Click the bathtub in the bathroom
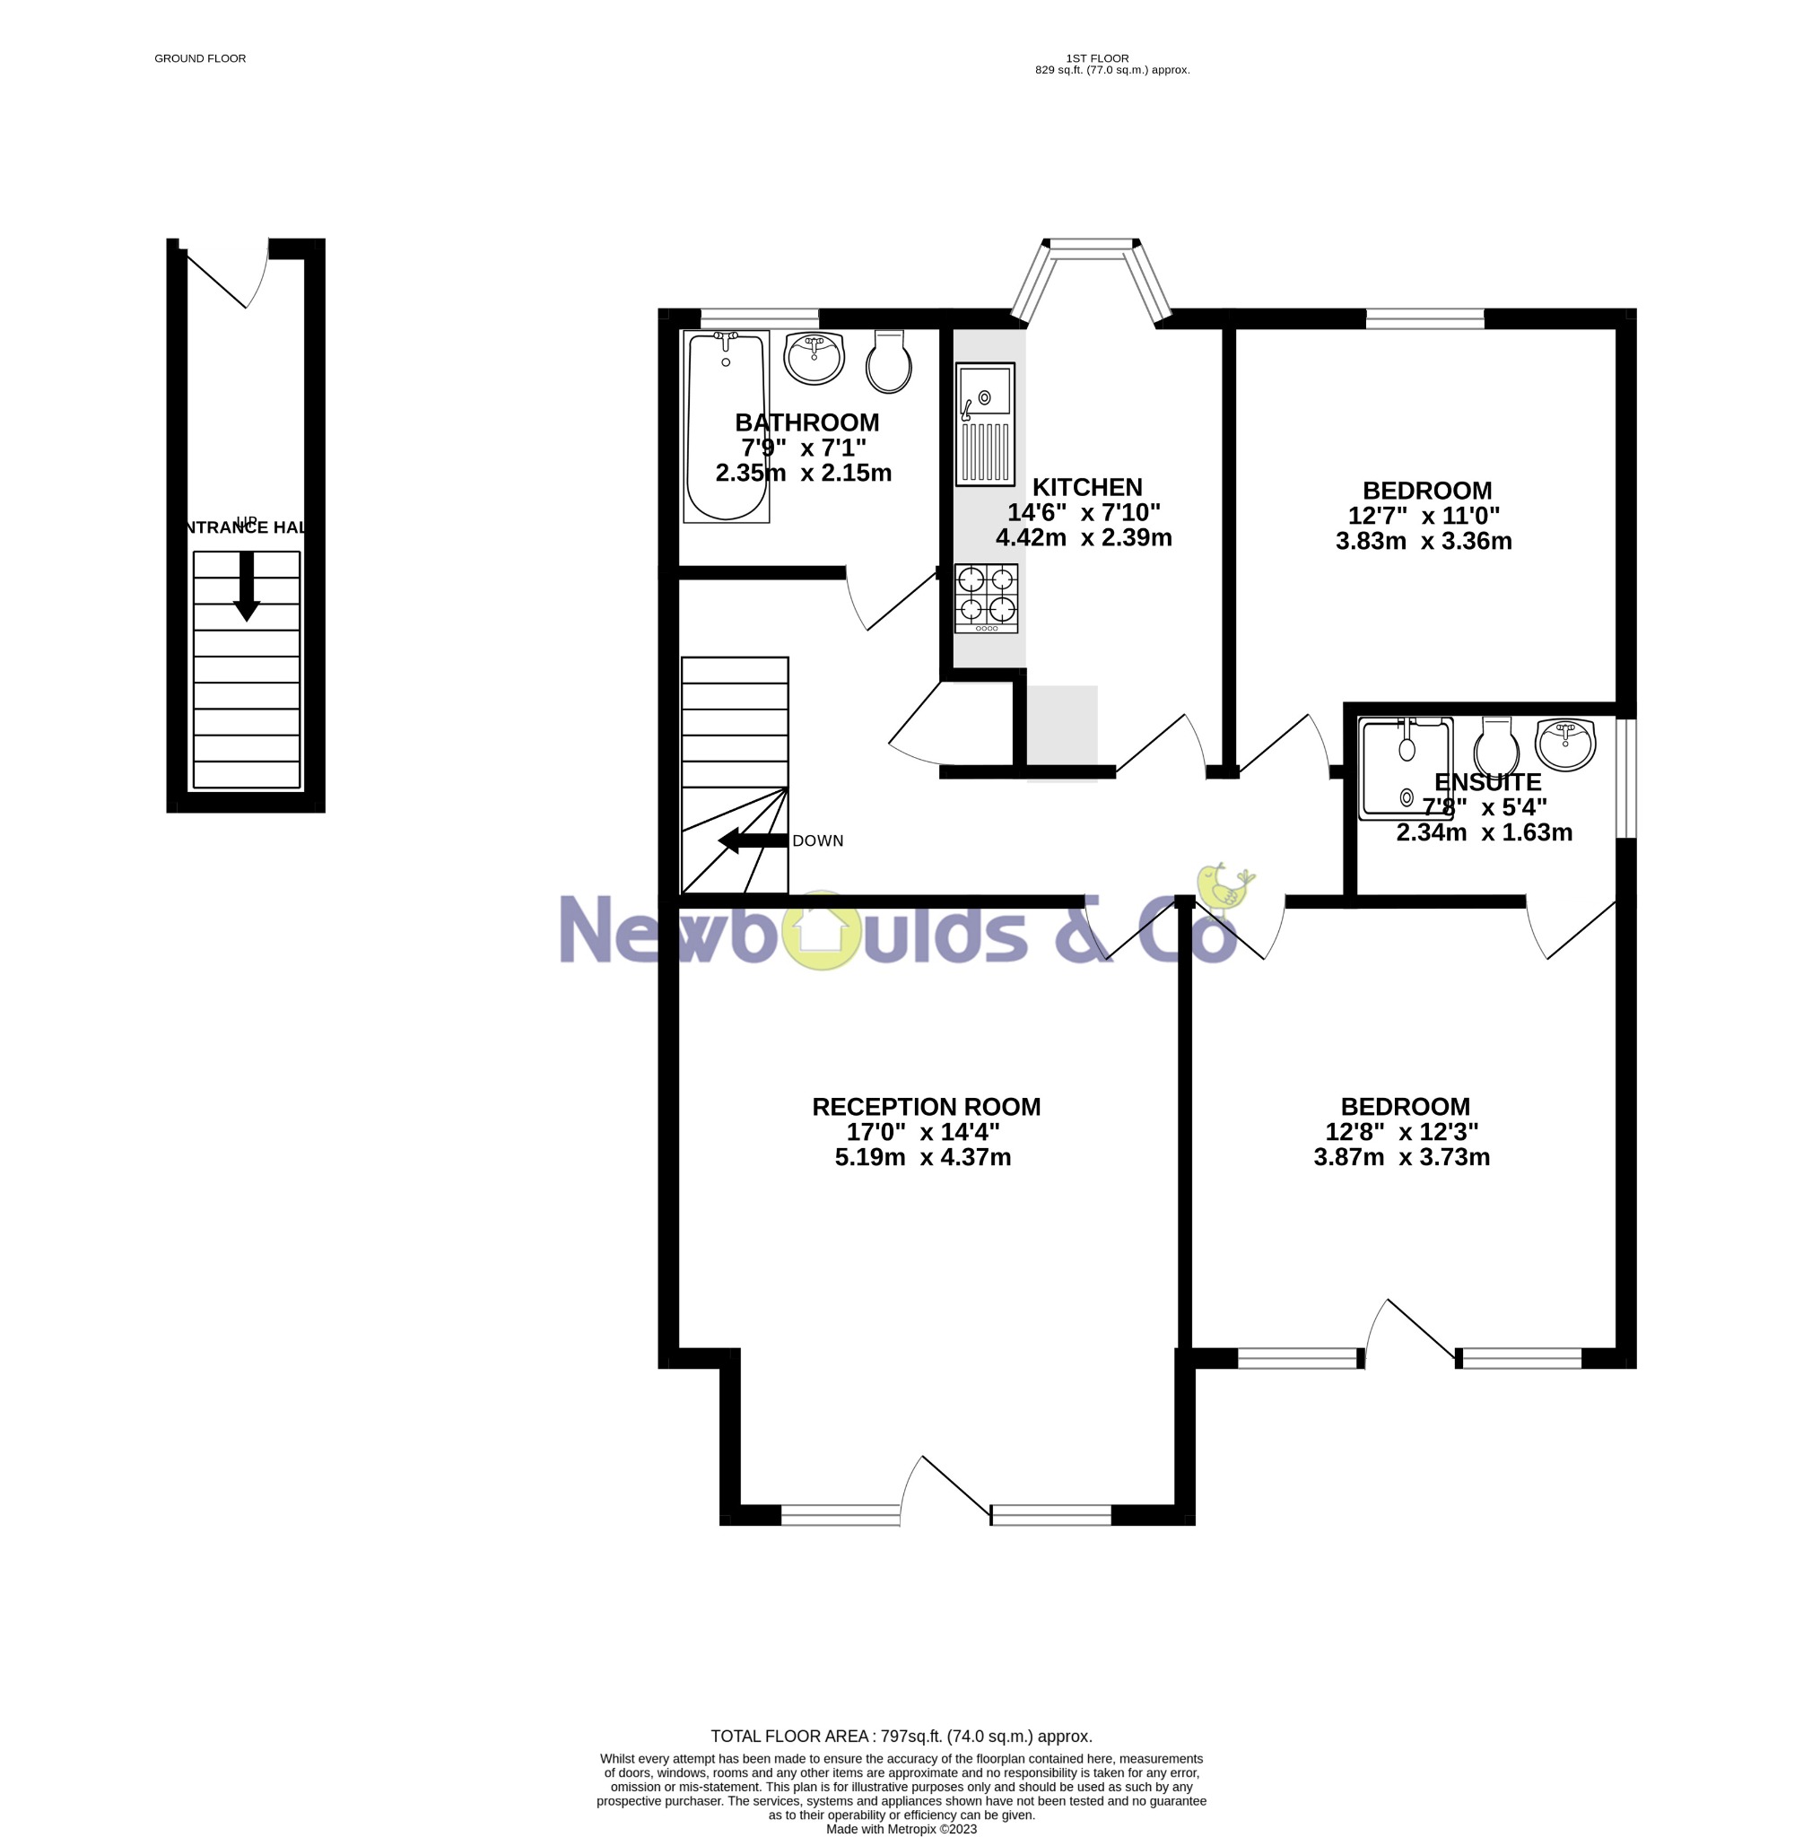click(x=727, y=426)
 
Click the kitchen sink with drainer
click(x=985, y=423)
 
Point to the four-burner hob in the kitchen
click(x=986, y=597)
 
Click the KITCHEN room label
click(x=1087, y=488)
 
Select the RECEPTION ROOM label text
click(x=925, y=1107)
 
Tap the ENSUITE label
click(x=1486, y=782)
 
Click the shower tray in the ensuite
click(x=1406, y=767)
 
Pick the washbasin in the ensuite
click(x=1566, y=744)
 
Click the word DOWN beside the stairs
click(x=817, y=840)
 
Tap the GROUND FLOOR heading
click(x=200, y=58)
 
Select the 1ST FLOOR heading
click(x=1096, y=58)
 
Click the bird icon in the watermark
click(x=1224, y=888)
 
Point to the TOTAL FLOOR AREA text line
click(x=901, y=1736)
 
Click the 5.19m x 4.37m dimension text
click(x=922, y=1157)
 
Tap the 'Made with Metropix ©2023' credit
click(x=901, y=1828)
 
